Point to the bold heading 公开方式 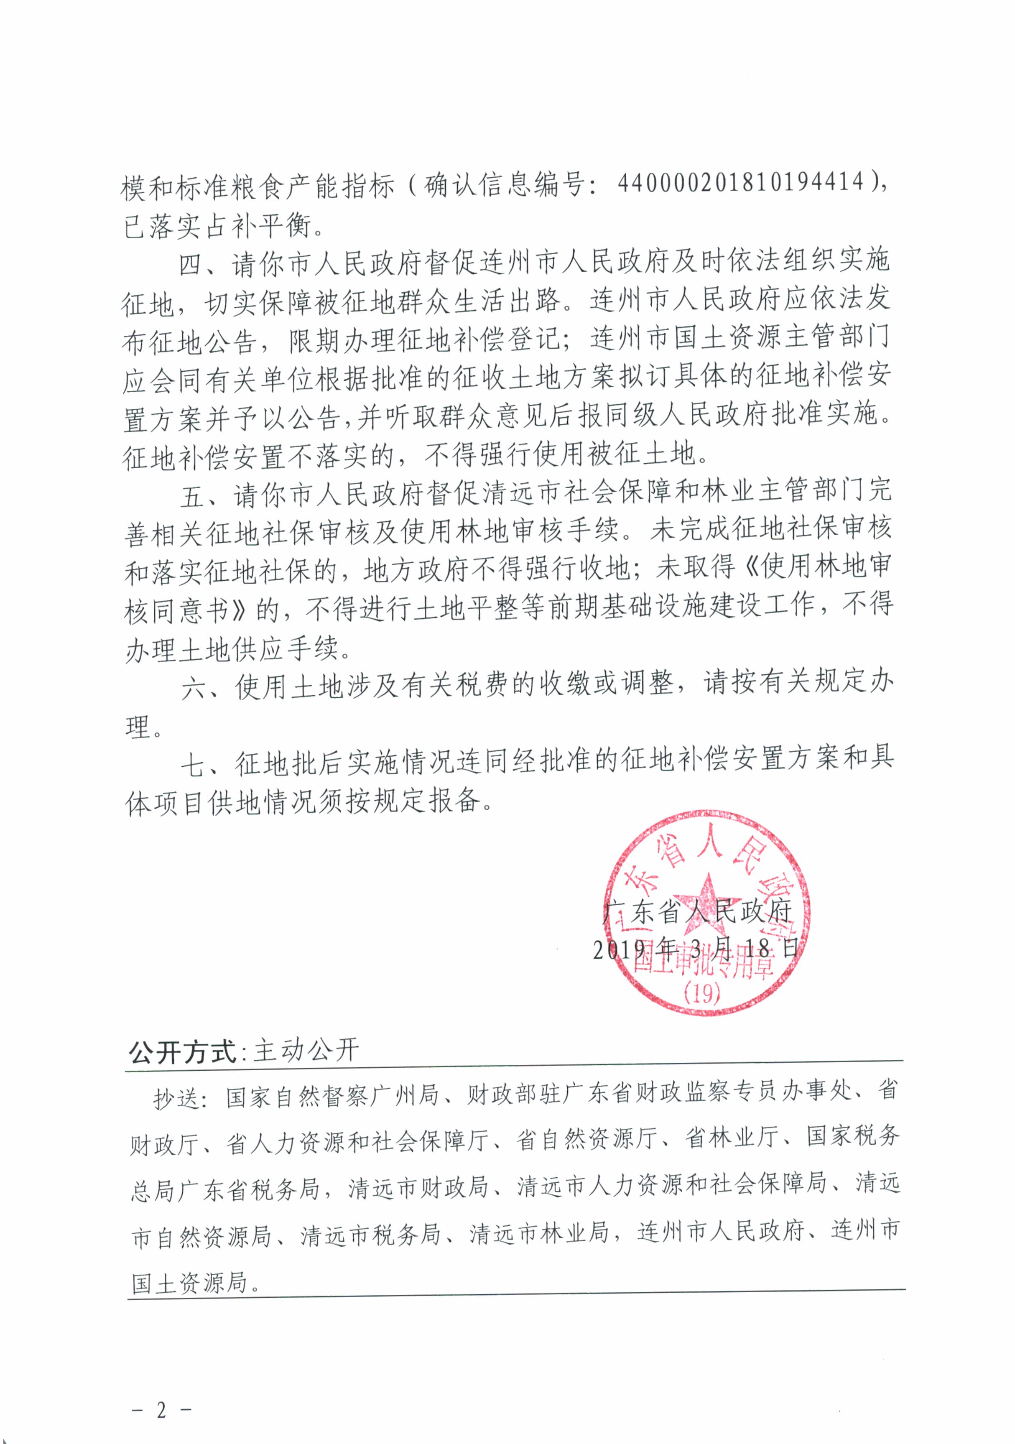click(182, 1051)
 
